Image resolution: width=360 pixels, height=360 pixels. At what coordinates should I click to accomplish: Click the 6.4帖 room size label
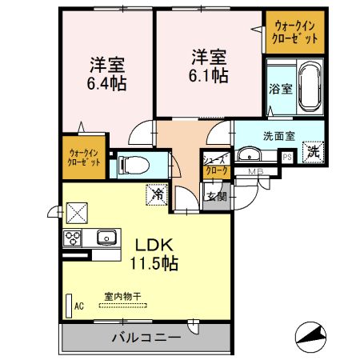click(x=108, y=81)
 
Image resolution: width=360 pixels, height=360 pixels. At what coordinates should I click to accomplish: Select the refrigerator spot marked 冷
click(x=158, y=193)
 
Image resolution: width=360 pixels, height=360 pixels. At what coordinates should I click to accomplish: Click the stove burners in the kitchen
click(x=73, y=237)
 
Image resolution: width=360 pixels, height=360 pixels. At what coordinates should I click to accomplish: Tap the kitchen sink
click(x=105, y=237)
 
